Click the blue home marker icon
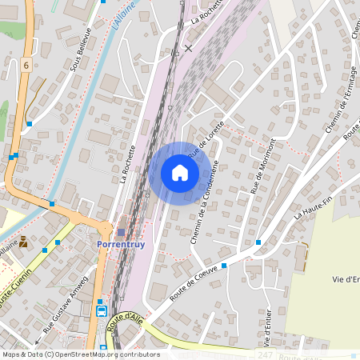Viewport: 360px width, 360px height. click(180, 173)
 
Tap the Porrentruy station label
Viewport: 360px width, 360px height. click(121, 244)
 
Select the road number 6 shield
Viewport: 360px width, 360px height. click(26, 65)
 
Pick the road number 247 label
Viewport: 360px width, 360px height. click(265, 354)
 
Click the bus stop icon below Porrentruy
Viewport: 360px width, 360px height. click(102, 310)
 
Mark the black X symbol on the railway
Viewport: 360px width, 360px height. click(188, 48)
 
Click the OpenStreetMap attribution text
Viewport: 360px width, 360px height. click(80, 354)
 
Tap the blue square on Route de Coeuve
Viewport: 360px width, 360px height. click(224, 265)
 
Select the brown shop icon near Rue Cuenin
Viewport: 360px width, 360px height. click(23, 241)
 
